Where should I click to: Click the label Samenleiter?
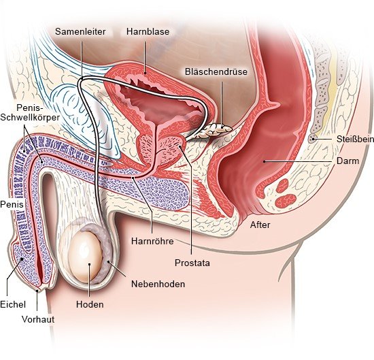point(80,32)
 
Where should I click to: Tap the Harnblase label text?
point(148,32)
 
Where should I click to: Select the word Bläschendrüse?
point(216,71)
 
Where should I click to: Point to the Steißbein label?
point(355,140)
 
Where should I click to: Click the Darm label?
point(347,161)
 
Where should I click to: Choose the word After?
point(260,225)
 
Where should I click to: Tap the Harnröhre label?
point(152,241)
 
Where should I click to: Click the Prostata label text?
point(192,263)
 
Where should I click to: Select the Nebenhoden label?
point(158,284)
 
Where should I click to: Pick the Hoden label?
point(90,304)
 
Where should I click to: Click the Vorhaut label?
point(38,319)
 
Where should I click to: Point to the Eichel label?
point(13,304)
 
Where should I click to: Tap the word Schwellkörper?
point(30,118)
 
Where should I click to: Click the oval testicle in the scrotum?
point(85,257)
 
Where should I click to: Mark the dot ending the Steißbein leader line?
point(313,139)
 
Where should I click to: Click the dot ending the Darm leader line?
point(265,161)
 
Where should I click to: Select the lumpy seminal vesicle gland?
point(213,130)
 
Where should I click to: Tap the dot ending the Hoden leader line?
point(90,264)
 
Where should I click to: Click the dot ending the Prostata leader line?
point(180,146)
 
